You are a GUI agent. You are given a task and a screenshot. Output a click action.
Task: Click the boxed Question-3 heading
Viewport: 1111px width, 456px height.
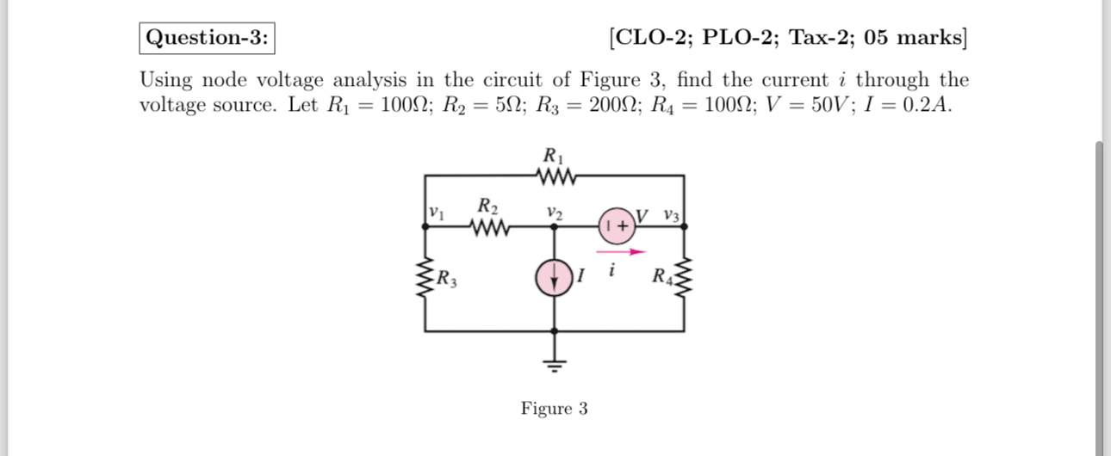207,38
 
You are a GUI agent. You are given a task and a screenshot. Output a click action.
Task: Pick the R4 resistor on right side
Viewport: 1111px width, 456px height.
685,279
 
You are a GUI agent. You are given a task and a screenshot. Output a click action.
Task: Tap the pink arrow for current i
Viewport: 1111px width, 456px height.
626,252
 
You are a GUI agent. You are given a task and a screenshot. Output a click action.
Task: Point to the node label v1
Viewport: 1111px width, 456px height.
437,211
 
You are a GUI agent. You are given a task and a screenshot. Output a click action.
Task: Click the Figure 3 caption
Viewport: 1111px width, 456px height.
554,408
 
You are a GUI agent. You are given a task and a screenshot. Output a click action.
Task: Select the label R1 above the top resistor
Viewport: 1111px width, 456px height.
553,156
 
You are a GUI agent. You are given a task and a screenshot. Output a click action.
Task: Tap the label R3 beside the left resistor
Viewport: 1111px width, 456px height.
447,279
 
